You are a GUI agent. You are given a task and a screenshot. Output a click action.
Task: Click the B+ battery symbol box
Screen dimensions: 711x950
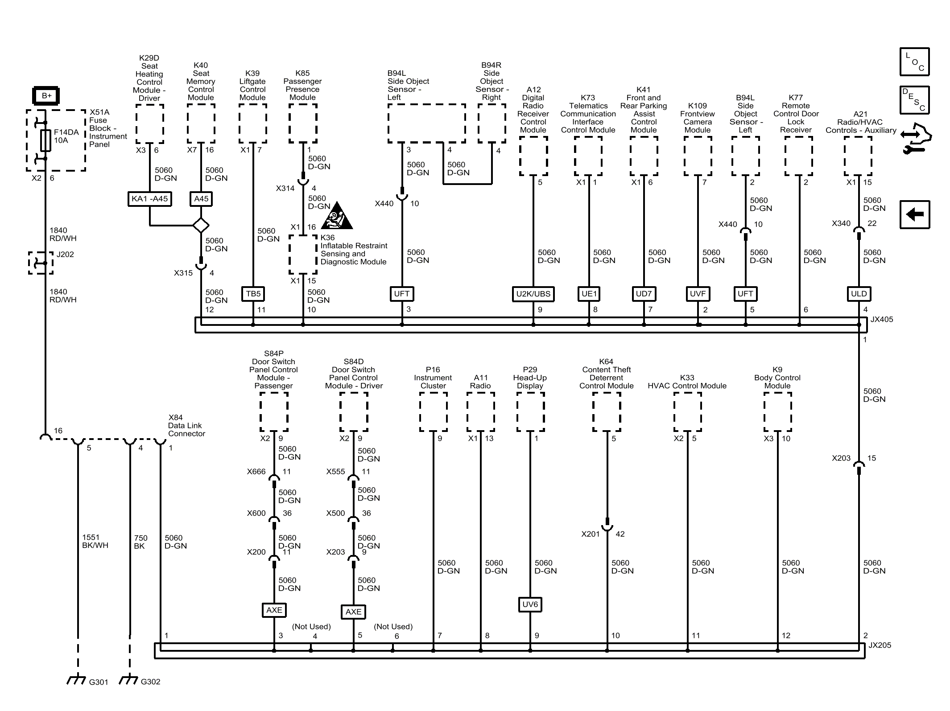(46, 95)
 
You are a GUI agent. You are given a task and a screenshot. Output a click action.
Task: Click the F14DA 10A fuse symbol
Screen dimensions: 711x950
(45, 140)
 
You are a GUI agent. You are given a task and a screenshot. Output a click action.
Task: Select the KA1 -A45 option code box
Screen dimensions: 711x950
(149, 199)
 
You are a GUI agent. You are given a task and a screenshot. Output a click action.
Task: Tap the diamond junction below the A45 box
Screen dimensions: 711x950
(201, 225)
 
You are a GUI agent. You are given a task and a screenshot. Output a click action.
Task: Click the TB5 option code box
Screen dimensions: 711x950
(253, 294)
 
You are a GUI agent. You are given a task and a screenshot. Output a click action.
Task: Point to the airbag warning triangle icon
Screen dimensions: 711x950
(338, 217)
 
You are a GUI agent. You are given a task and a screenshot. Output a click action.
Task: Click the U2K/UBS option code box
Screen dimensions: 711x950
(533, 294)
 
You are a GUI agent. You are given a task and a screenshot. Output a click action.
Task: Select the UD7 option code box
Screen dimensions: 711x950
(644, 294)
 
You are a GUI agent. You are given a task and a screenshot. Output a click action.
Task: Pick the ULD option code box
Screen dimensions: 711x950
(859, 294)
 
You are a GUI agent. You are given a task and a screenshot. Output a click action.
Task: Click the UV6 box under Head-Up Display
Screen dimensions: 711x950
(530, 604)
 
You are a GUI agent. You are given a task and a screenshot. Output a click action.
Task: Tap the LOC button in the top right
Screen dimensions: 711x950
(914, 62)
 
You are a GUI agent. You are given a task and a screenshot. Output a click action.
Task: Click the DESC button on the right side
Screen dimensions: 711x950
(914, 100)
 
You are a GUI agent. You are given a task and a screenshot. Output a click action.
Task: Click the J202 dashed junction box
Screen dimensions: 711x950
(41, 263)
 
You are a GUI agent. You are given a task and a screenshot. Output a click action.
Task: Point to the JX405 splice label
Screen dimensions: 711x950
(881, 320)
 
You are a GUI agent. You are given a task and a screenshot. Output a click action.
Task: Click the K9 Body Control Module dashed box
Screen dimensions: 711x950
(777, 412)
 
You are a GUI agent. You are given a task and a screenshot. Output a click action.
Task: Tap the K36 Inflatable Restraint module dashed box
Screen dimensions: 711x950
(303, 254)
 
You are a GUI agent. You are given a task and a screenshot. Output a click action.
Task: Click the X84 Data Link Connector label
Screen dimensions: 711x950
(186, 425)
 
